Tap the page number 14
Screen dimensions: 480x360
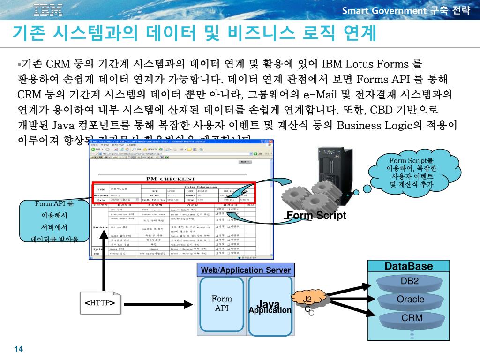click(x=19, y=349)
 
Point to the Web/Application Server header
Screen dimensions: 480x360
click(x=246, y=270)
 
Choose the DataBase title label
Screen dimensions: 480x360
click(x=408, y=266)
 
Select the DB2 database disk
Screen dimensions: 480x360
click(x=409, y=282)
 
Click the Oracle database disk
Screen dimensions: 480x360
click(x=410, y=300)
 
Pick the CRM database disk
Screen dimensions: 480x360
click(x=412, y=318)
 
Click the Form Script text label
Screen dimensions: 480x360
click(x=316, y=216)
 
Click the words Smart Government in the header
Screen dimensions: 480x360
click(x=384, y=11)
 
